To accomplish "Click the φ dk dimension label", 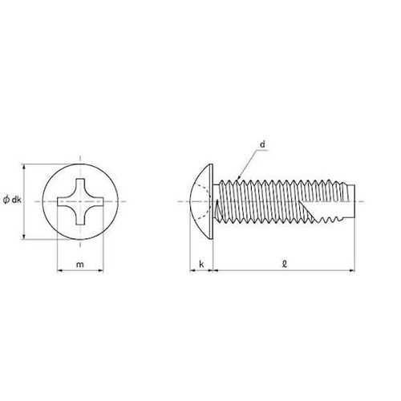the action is pyautogui.click(x=12, y=200).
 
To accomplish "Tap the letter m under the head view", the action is pyautogui.click(x=80, y=265).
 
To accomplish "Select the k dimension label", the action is pyautogui.click(x=201, y=264).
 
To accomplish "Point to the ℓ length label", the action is pyautogui.click(x=285, y=264).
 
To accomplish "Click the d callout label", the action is pyautogui.click(x=263, y=144).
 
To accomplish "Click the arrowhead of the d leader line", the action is pyautogui.click(x=239, y=176).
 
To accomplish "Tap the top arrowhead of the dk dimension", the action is pyautogui.click(x=24, y=167).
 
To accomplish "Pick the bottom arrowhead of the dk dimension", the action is pyautogui.click(x=24, y=237).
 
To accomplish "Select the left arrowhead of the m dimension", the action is pyautogui.click(x=60, y=271).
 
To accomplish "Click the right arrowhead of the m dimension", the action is pyautogui.click(x=100, y=271).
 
